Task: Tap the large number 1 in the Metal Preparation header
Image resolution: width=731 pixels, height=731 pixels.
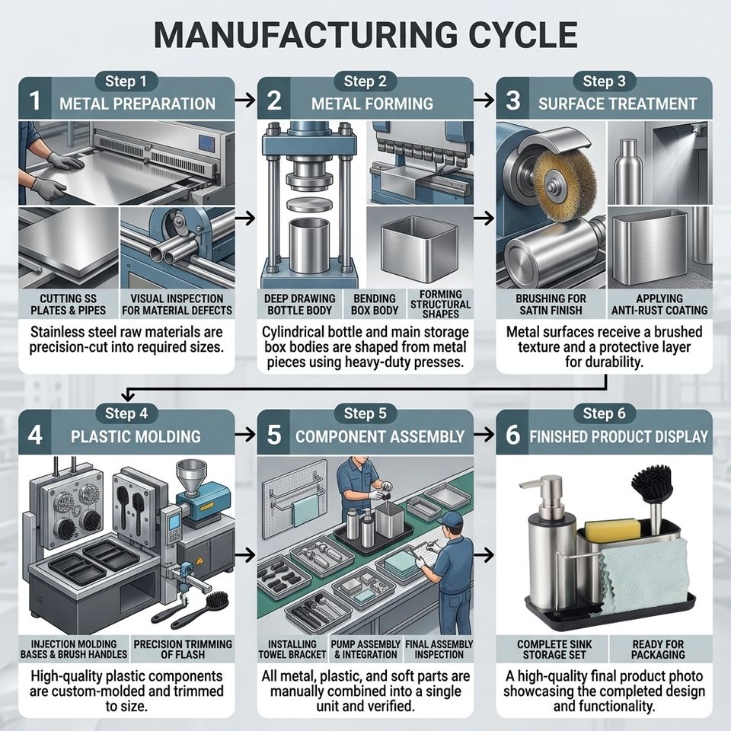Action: point(35,101)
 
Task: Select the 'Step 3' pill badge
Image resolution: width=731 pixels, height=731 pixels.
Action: point(604,81)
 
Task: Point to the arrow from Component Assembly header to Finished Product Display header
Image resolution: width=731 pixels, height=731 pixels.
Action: point(484,435)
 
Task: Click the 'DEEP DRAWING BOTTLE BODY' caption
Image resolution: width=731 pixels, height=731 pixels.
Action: point(300,305)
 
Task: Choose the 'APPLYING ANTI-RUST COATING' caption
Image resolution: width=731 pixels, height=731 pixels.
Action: point(659,305)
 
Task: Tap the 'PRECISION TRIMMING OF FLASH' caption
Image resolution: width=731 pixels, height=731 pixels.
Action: point(183,650)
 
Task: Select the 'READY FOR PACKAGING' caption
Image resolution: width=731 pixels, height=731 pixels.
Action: point(658,650)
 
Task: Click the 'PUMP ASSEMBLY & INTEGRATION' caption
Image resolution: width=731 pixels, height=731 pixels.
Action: point(365,650)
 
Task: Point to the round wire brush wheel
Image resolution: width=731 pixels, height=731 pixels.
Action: point(564,180)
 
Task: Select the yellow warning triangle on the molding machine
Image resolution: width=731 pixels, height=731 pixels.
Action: point(200,560)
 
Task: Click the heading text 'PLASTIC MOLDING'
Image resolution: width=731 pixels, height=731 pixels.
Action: point(136,436)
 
